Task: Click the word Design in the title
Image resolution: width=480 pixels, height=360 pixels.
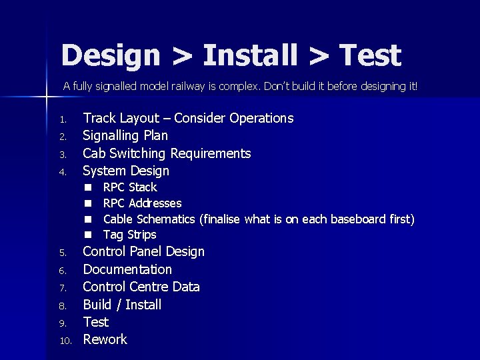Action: point(111,55)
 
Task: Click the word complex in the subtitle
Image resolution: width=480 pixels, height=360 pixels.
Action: point(241,86)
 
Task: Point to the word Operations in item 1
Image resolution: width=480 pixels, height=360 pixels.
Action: point(261,118)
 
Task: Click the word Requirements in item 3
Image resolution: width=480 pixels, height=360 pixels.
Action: point(211,153)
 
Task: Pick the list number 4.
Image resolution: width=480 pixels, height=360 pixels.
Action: point(62,172)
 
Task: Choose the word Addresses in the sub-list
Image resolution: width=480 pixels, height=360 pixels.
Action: point(155,203)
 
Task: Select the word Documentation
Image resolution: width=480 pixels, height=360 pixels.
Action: point(127,269)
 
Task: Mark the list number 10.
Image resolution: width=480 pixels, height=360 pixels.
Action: point(65,341)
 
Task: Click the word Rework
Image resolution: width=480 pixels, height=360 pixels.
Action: point(105,339)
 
